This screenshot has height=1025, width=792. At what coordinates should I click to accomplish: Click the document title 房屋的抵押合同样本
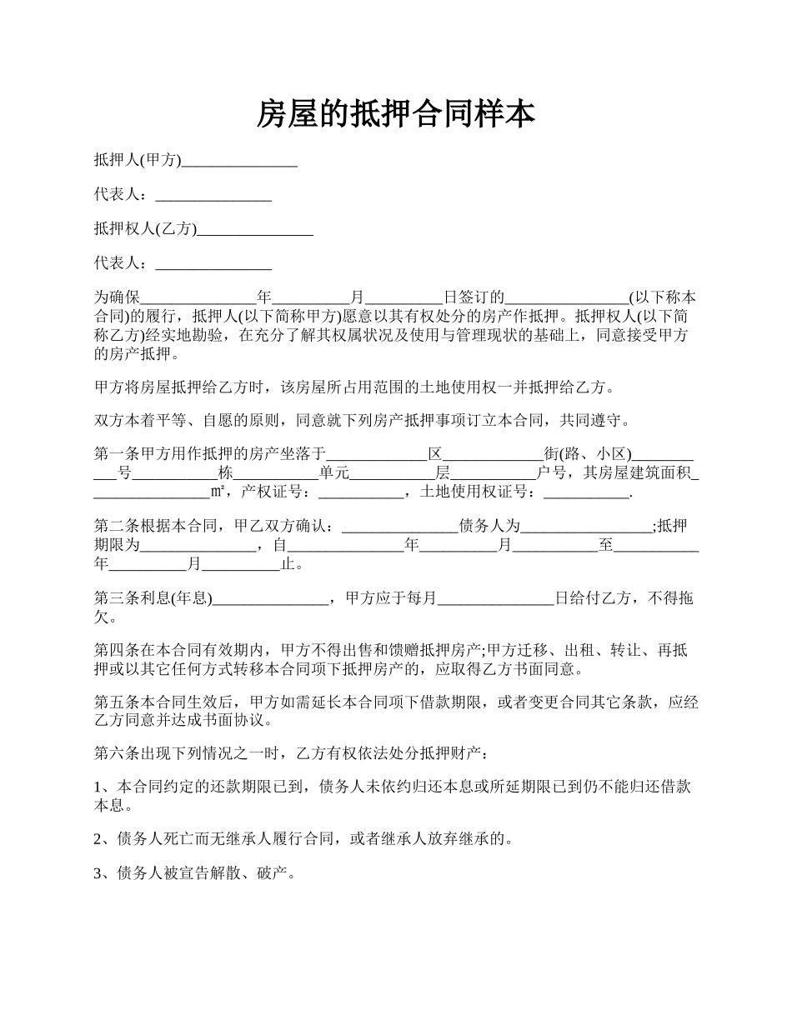pos(395,114)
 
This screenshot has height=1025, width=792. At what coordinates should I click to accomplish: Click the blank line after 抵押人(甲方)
pos(239,162)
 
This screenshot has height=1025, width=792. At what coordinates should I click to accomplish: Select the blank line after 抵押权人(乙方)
pos(255,229)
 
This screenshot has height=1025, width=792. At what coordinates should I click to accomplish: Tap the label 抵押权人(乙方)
pos(145,229)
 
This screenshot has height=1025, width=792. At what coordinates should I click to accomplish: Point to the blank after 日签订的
pos(567,297)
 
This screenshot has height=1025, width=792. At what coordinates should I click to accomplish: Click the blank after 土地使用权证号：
pos(587,493)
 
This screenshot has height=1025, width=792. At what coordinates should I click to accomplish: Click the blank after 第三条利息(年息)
pos(271,597)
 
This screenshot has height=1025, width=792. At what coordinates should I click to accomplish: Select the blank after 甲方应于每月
pos(495,597)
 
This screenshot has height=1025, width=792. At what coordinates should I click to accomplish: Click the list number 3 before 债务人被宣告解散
pos(98,872)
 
